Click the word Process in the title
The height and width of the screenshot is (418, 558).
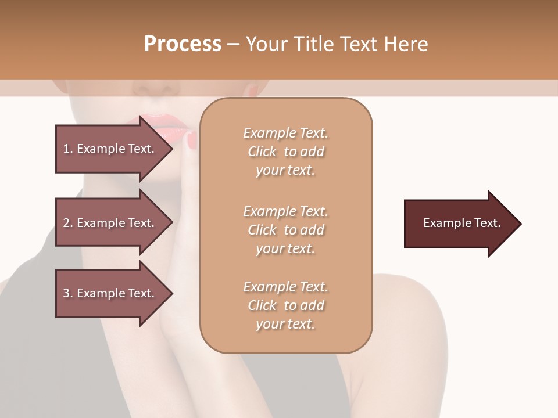point(183,44)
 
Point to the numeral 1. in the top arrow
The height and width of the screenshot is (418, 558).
point(67,149)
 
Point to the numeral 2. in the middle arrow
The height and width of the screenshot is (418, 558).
point(67,223)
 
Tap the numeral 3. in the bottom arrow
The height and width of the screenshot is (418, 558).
point(67,293)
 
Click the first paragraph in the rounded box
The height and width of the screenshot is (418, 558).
point(285,152)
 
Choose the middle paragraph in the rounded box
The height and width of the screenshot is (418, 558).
point(285,230)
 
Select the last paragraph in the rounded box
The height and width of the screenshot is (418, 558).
point(285,305)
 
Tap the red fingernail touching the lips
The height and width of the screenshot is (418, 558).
point(192,139)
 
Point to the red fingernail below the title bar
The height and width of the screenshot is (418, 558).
point(253,90)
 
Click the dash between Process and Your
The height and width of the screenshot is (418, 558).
point(233,44)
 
